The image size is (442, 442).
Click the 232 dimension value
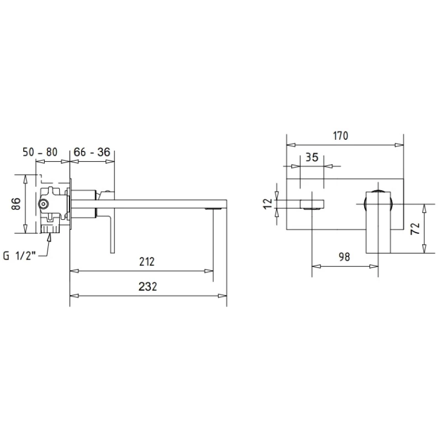click(148, 286)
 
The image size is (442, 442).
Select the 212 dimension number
click(147, 261)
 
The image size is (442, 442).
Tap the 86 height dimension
click(16, 204)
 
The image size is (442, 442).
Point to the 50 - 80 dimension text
click(40, 152)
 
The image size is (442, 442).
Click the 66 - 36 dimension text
click(92, 152)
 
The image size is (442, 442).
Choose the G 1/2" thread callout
click(19, 256)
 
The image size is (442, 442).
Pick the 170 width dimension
click(340, 136)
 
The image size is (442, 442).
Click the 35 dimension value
click(312, 157)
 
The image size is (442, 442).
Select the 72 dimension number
click(415, 229)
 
